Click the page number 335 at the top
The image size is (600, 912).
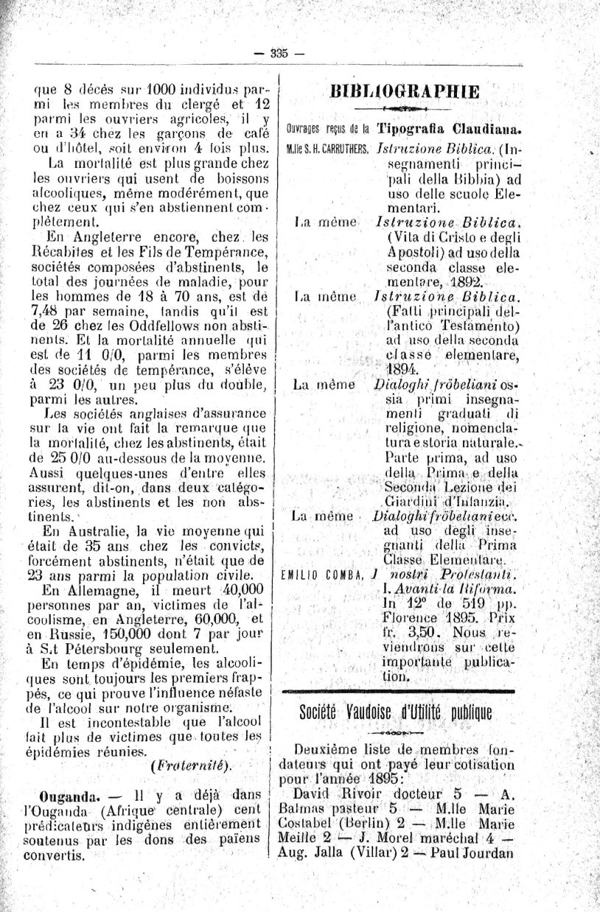tap(278, 52)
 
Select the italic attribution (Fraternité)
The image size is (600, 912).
tap(191, 765)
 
